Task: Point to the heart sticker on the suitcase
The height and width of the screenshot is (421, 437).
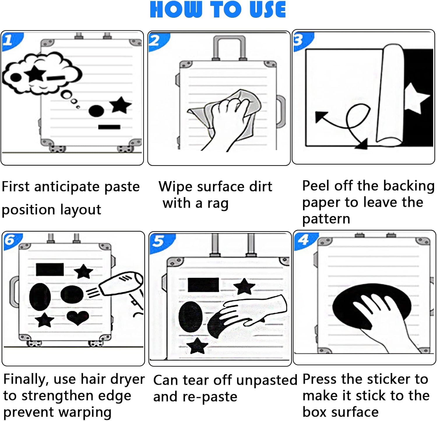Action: click(x=78, y=317)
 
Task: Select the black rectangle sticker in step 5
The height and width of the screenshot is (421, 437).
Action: click(x=203, y=285)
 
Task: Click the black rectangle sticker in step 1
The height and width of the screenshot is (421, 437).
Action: click(x=109, y=127)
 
